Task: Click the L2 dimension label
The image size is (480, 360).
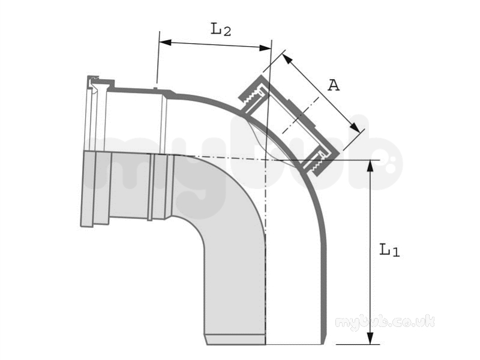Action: pos(221,29)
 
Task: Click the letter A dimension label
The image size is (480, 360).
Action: pos(334,85)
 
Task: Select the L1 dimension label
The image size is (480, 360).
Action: pos(389,250)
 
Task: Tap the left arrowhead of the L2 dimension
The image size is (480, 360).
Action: pos(165,42)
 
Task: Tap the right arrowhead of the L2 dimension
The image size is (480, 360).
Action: pos(265,48)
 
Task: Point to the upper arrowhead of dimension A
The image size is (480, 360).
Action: pos(287,59)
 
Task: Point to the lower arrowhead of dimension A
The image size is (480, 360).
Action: pos(355,127)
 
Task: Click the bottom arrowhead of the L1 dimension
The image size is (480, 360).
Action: pos(370,338)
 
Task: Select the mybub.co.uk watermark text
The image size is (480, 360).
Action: pos(385,323)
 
